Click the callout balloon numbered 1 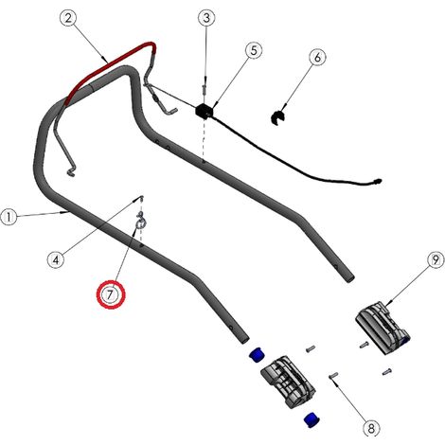(9, 217)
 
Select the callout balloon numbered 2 (68, 18)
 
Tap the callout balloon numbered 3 (206, 18)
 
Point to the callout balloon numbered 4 (56, 260)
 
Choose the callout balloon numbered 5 (254, 50)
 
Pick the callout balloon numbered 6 (317, 58)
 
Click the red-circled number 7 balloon (111, 294)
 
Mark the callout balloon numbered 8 (371, 428)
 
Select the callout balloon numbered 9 (436, 260)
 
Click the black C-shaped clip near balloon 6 (278, 117)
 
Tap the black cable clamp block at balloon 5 (205, 111)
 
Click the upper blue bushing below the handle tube (258, 355)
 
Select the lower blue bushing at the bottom (311, 419)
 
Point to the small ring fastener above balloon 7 (140, 222)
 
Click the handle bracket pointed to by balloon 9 (383, 328)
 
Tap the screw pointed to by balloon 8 (333, 375)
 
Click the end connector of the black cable (377, 182)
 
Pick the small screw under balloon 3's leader (205, 91)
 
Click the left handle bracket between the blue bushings (288, 382)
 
